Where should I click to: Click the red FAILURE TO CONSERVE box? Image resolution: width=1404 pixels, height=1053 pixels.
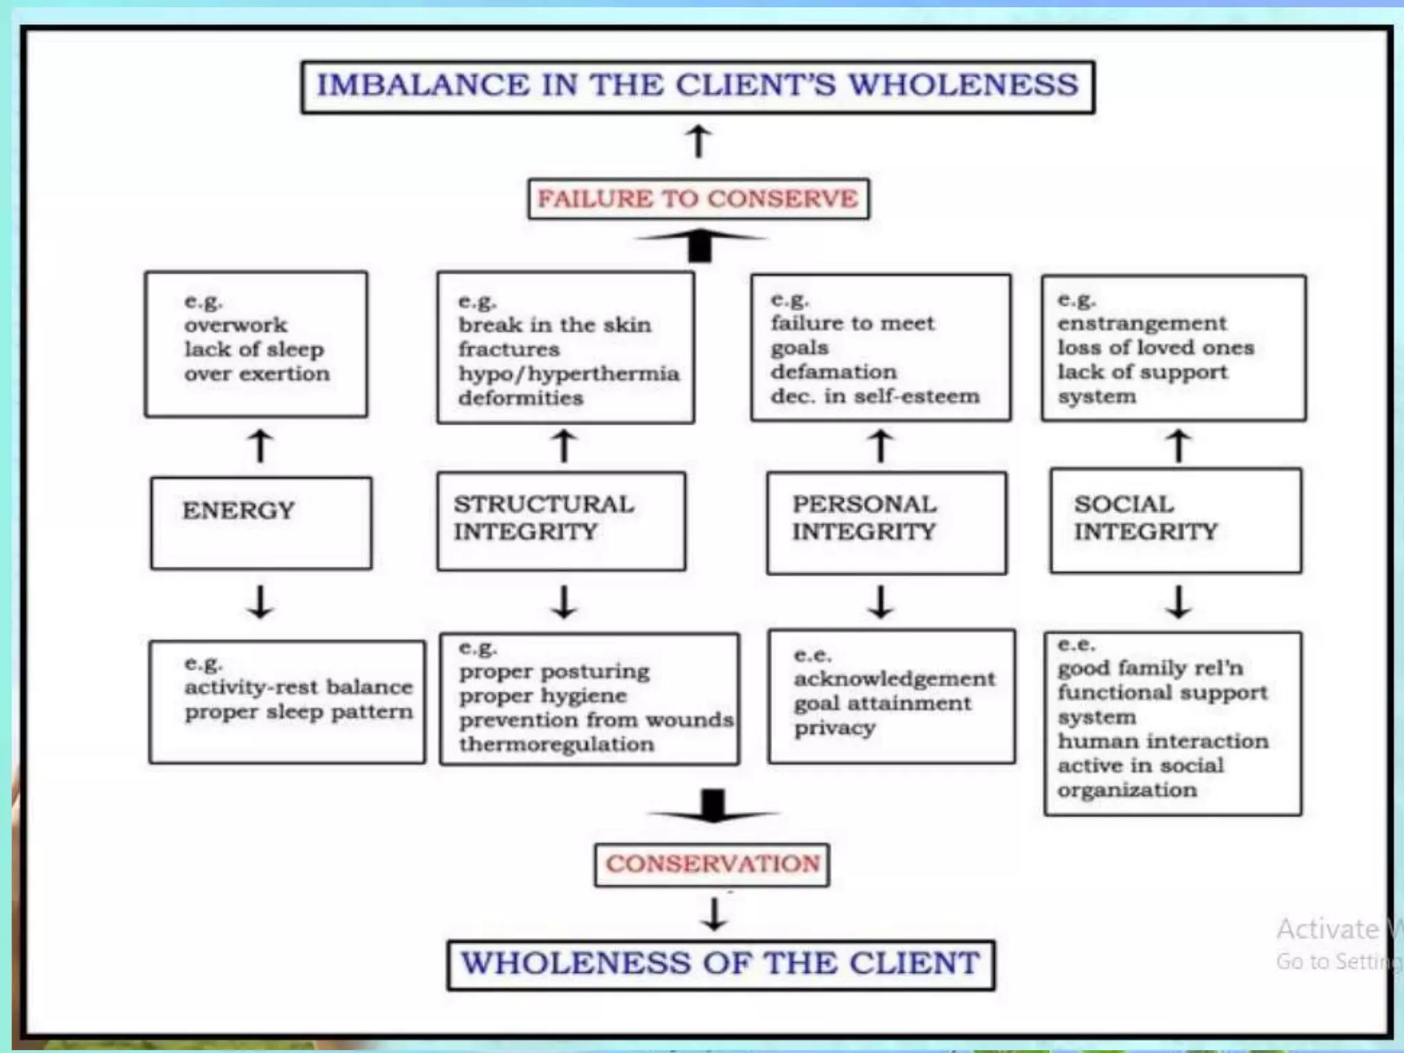pos(698,199)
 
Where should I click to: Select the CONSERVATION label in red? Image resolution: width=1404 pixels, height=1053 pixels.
pos(712,864)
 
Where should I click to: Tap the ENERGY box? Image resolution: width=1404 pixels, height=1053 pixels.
pos(261,523)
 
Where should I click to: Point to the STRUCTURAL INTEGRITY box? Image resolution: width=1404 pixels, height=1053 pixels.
pos(561,521)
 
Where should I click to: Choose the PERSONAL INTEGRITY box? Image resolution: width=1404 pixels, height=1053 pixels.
pos(886,522)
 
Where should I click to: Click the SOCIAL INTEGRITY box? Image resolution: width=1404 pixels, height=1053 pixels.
pos(1176,521)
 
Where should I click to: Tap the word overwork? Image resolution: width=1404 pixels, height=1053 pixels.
pos(236,325)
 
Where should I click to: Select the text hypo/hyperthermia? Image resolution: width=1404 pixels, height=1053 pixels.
pos(569,374)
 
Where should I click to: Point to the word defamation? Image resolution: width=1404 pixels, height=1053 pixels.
pos(834,372)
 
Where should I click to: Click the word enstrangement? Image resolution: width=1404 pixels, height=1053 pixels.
pos(1142,323)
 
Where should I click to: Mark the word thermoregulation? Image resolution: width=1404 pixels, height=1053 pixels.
pos(557,744)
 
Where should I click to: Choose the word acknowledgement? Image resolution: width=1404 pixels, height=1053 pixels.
pos(895,679)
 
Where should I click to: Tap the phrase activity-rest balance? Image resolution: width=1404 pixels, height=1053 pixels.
pos(298,687)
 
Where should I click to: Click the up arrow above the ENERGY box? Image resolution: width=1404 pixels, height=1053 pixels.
pos(261,446)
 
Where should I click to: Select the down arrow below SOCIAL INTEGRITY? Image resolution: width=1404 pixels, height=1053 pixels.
pos(1178,602)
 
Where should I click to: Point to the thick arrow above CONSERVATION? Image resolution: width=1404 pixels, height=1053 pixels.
pos(714,807)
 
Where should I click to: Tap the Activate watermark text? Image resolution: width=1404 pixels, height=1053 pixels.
pos(1327,930)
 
